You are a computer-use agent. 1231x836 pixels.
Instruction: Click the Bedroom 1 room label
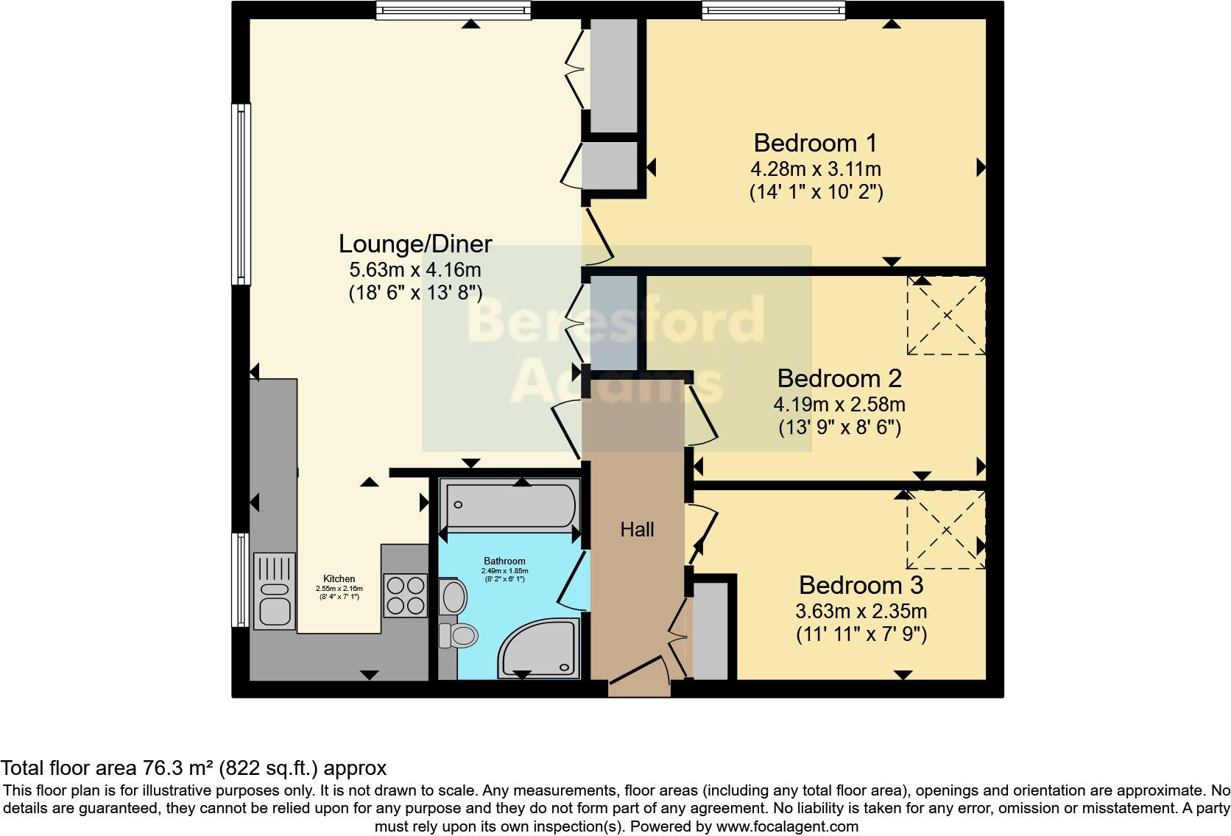[815, 142]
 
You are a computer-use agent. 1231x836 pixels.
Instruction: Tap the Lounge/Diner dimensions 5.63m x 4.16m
[415, 269]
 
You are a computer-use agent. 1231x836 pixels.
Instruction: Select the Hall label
[637, 529]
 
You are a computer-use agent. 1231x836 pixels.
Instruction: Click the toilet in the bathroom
[458, 635]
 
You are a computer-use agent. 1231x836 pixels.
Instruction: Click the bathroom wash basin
[452, 596]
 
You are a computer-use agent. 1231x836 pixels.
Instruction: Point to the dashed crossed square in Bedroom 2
[946, 316]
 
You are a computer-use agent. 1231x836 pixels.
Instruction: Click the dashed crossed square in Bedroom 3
[946, 530]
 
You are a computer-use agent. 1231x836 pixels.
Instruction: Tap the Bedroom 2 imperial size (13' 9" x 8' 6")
[839, 428]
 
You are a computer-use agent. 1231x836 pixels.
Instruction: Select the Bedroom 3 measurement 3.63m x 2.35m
[861, 611]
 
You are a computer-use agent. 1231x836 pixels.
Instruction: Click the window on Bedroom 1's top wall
[773, 10]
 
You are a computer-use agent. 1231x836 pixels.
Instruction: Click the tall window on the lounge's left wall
[241, 194]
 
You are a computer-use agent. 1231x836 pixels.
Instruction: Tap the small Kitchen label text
[339, 578]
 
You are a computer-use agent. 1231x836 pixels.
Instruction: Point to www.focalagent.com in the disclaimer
[786, 826]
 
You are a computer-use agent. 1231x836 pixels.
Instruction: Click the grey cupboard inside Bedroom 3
[710, 631]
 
